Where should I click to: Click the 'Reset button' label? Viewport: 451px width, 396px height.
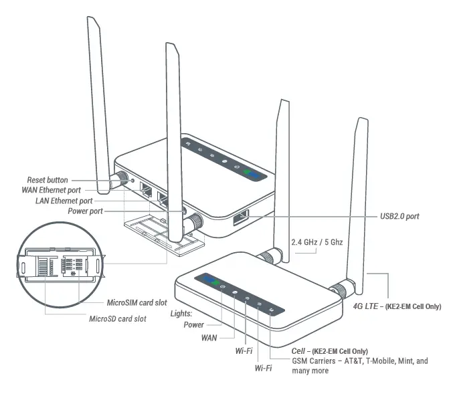coord(48,180)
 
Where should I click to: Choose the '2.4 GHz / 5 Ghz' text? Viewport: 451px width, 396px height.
coord(317,241)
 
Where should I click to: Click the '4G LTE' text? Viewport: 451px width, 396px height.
coord(366,306)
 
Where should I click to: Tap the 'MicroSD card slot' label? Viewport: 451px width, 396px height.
coord(118,318)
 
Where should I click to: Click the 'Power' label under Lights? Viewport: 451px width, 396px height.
coord(194,325)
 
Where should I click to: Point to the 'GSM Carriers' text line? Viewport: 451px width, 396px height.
coord(359,361)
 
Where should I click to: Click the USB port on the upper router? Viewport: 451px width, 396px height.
coord(240,217)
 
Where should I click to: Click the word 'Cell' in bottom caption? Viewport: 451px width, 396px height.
coord(298,351)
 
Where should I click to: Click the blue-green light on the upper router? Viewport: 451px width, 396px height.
coord(254,173)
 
